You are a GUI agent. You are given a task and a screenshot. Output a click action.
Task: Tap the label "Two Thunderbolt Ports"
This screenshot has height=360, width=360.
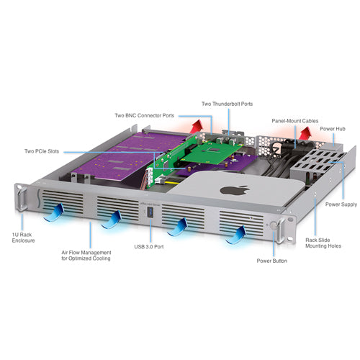[227, 104]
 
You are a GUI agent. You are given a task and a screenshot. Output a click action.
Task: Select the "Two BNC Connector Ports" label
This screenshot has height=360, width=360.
[144, 115]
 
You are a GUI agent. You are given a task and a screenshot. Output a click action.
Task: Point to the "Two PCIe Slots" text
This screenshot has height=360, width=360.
[42, 151]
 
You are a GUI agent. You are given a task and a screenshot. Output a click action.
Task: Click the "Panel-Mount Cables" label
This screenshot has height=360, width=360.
[295, 121]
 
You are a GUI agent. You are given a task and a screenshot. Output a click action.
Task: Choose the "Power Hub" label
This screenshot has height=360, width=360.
[333, 129]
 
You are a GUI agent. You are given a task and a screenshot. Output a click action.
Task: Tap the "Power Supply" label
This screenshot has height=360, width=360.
[341, 204]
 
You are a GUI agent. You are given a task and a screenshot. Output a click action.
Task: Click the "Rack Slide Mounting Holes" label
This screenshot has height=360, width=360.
[323, 243]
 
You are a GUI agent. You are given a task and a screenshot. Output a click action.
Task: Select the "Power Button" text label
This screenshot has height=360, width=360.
[271, 261]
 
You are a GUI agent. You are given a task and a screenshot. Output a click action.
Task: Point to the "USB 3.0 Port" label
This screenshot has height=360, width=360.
[149, 246]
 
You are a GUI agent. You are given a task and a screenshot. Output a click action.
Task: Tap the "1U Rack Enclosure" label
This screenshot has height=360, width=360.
[23, 238]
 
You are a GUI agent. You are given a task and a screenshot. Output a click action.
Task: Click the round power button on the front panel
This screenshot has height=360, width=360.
[273, 225]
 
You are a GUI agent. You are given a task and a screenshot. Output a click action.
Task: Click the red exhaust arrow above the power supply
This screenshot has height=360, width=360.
[305, 132]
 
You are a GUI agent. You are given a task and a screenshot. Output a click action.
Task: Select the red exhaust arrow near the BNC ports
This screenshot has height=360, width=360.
[197, 126]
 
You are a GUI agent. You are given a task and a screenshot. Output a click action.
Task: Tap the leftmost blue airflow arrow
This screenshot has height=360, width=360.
[55, 212]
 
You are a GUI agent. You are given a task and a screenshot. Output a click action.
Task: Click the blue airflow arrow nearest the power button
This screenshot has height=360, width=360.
[236, 235]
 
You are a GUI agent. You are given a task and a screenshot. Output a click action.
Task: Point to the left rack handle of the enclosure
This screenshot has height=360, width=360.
[22, 199]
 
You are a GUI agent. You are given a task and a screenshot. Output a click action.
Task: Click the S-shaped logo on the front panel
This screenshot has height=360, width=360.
[39, 198]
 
